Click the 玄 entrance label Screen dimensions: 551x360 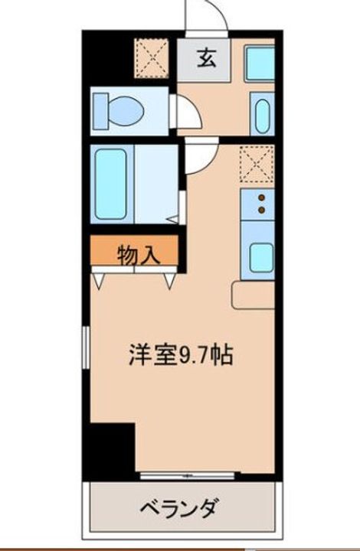208,58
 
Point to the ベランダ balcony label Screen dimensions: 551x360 182,507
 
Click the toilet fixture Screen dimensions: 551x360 119,111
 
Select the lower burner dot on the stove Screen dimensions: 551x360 261,208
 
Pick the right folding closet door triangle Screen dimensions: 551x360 169,279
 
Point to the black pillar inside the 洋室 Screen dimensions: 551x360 110,444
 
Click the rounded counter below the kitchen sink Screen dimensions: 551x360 254,294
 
